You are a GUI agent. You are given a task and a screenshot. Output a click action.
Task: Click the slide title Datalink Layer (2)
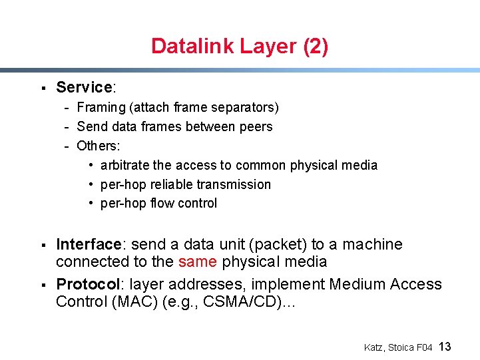click(239, 46)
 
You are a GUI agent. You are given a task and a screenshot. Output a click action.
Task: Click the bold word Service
click(84, 87)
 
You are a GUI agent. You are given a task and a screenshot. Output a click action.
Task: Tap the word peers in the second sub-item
click(256, 126)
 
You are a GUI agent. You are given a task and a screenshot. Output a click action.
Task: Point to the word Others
click(97, 146)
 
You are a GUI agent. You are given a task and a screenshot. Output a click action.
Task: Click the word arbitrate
click(124, 165)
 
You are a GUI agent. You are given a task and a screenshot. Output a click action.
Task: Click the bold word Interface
click(87, 245)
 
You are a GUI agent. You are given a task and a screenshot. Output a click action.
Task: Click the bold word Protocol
click(86, 285)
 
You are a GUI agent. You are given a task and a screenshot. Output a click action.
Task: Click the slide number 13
click(445, 347)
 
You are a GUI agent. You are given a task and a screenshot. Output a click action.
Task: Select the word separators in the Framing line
click(246, 108)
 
